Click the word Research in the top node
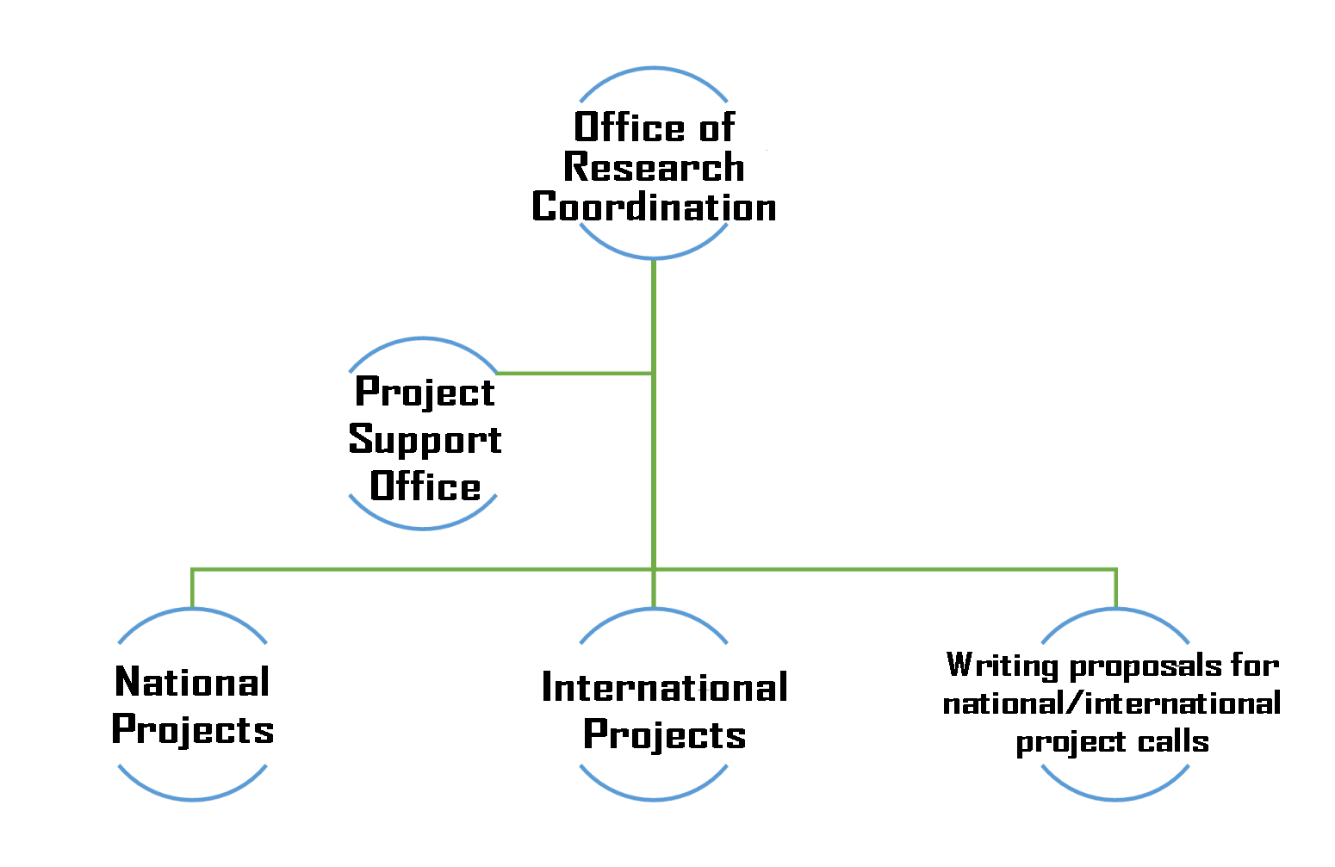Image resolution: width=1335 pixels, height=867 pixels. point(654,167)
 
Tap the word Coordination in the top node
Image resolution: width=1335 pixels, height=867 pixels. point(654,207)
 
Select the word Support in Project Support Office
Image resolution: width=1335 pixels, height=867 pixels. point(425,441)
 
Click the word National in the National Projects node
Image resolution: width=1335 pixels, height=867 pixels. point(192,682)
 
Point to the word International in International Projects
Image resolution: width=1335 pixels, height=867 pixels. point(665,687)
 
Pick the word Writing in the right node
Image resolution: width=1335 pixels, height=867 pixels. point(1002,666)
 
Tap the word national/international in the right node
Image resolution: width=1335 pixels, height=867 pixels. point(1112,703)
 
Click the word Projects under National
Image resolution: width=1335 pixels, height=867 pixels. point(193,731)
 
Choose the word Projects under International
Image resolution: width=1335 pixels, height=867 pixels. point(665,735)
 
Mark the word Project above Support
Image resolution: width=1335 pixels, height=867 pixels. point(425,393)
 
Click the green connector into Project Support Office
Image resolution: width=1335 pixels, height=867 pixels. point(574,374)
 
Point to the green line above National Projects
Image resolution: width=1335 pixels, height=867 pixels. point(192,589)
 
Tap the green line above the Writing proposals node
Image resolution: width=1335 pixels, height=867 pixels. point(1115,589)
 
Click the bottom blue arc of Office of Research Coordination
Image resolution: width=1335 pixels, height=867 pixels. point(654,257)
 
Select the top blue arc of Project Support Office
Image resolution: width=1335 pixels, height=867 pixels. point(423,339)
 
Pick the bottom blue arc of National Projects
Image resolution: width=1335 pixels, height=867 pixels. point(193,798)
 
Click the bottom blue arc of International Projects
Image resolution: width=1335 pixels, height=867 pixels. point(654,798)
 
